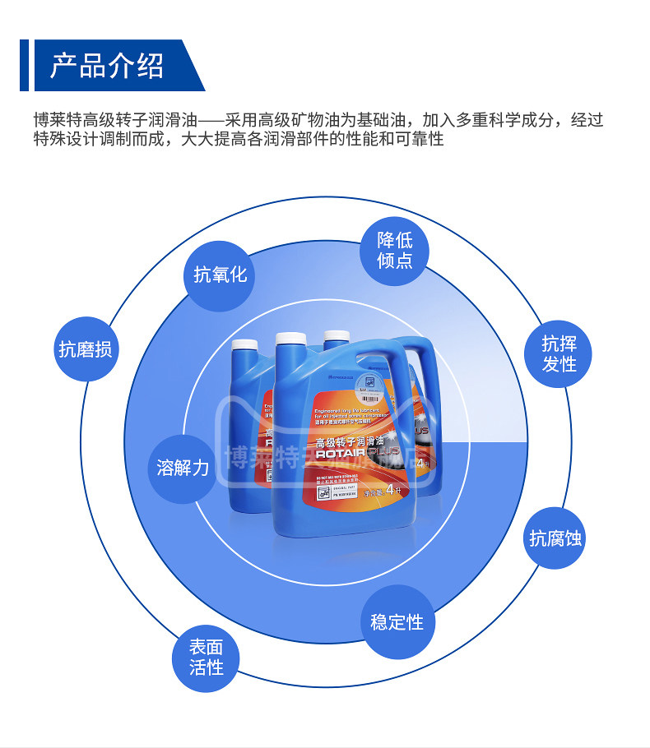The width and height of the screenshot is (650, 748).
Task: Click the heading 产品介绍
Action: tap(107, 65)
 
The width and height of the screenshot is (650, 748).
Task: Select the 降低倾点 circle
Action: tap(395, 250)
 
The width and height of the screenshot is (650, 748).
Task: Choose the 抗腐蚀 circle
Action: tap(556, 538)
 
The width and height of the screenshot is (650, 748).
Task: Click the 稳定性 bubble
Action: tap(397, 621)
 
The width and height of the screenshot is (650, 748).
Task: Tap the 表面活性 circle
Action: tap(206, 658)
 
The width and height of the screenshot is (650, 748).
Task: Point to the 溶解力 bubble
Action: tap(183, 468)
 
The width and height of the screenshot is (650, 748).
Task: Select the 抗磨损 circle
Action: tap(85, 349)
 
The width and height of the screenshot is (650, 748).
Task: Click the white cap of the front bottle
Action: tap(292, 341)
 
